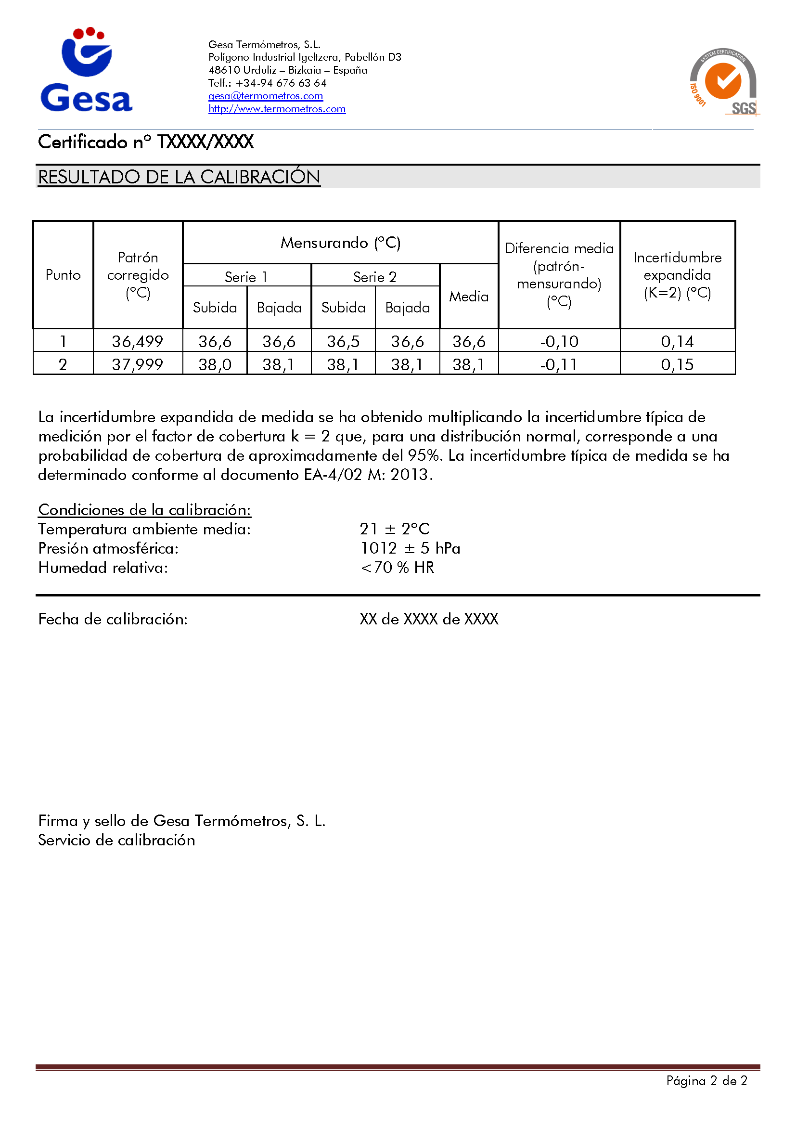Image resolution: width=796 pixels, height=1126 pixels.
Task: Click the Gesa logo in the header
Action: pos(86,70)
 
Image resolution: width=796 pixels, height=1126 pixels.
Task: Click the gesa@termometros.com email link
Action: pos(266,96)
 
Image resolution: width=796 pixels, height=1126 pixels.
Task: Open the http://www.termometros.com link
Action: pos(277,109)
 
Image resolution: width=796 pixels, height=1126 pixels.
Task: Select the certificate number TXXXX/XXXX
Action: pos(205,142)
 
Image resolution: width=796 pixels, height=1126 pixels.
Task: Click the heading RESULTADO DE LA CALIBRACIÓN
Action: pos(179,177)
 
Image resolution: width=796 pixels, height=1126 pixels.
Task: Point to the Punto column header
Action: pos(63,274)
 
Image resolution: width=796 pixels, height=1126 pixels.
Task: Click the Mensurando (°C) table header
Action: pos(340,243)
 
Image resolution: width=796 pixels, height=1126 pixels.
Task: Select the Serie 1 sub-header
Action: pos(246,277)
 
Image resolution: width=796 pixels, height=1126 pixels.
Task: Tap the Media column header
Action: pos(469,297)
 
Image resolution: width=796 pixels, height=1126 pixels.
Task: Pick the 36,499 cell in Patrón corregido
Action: pos(137,341)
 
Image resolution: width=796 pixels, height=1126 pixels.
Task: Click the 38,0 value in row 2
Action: pos(215,364)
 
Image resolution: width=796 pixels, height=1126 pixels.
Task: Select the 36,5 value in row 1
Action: pos(343,341)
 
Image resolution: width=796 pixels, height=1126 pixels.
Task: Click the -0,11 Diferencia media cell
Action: pos(559,364)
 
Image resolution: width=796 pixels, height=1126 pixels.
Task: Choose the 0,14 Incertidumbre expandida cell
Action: pos(677,341)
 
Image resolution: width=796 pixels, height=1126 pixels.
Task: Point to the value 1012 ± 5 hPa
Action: pos(410,548)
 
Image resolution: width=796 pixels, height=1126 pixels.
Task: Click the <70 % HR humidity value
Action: pos(397,568)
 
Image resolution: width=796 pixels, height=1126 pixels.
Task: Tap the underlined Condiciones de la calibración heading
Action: pos(144,510)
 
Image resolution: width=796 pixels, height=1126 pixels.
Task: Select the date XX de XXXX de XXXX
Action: pos(429,620)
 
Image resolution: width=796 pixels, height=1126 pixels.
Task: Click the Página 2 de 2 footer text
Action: pos(706,1081)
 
